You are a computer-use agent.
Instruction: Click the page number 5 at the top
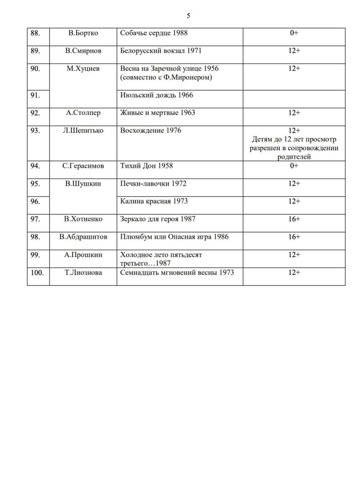[x=189, y=16]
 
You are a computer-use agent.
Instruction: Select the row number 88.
[x=35, y=33]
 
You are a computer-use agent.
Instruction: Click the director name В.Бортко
[x=83, y=33]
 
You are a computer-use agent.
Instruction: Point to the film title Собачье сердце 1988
[x=154, y=33]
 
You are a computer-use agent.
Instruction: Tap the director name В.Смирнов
[x=83, y=51]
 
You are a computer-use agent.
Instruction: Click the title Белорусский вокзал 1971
[x=161, y=51]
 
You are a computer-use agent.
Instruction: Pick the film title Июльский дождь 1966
[x=157, y=95]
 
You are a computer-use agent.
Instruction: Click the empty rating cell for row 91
[x=294, y=99]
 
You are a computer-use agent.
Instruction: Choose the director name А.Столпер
[x=83, y=113]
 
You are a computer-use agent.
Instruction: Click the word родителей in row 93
[x=294, y=157]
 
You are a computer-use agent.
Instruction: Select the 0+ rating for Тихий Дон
[x=294, y=166]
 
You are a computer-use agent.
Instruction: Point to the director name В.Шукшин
[x=83, y=184]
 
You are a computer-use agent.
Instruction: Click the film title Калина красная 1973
[x=154, y=201]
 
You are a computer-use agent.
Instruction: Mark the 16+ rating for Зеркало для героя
[x=294, y=219]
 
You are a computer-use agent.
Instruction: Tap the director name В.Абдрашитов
[x=83, y=237]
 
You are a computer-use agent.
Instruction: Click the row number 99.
[x=35, y=255]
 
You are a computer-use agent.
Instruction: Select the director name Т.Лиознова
[x=83, y=272]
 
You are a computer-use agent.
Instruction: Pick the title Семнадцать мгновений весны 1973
[x=177, y=272]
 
